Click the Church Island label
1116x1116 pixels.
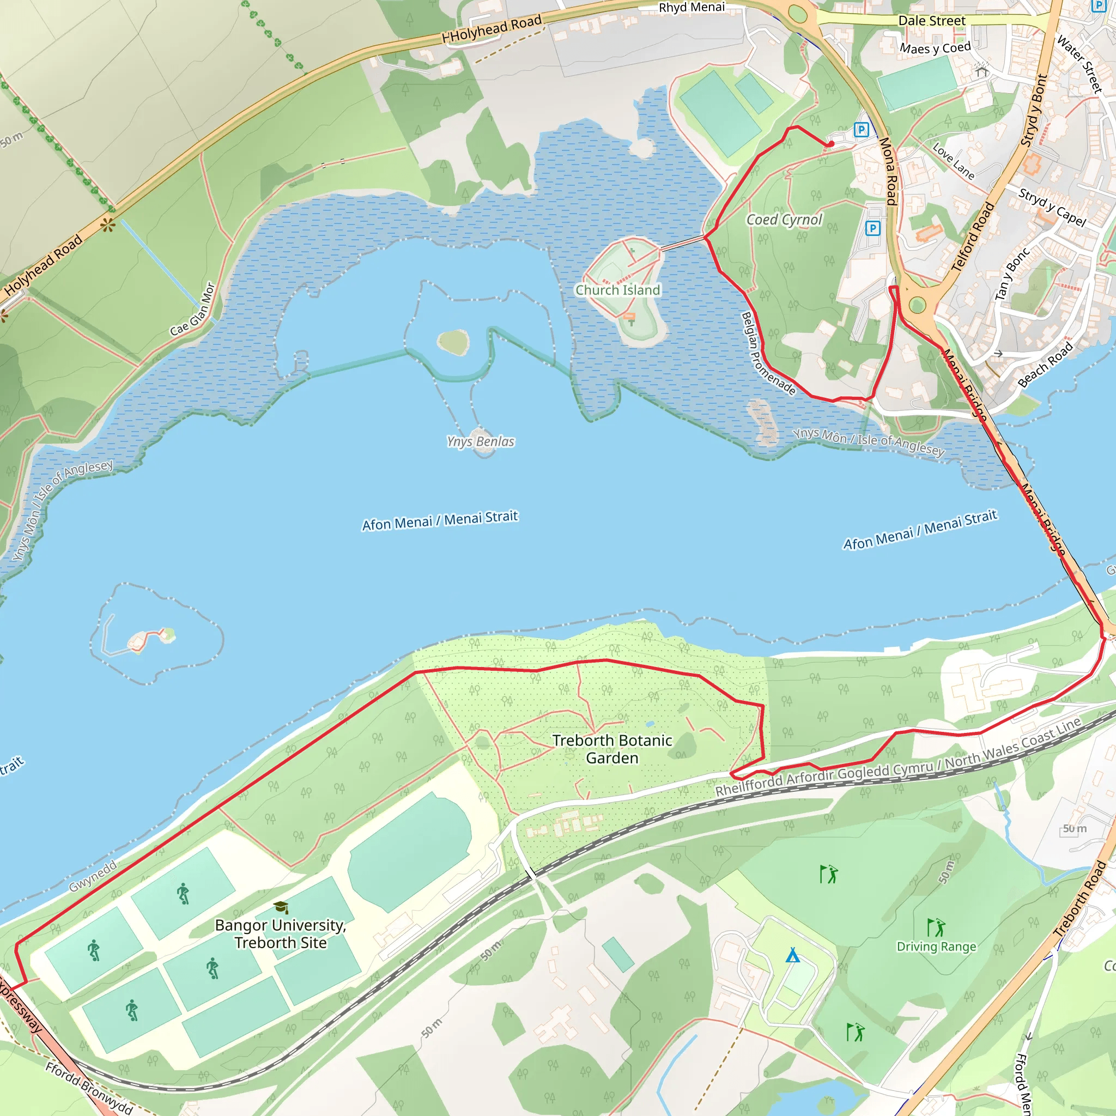click(x=617, y=290)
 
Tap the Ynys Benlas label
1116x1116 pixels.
click(x=481, y=441)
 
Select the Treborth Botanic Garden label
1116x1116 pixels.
click(x=612, y=749)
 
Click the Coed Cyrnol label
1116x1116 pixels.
click(x=784, y=220)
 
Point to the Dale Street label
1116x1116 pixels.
click(x=932, y=21)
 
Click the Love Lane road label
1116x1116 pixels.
click(x=954, y=161)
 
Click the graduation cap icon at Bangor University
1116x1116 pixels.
click(x=281, y=907)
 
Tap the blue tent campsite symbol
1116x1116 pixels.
click(x=792, y=955)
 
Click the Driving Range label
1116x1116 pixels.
click(x=936, y=946)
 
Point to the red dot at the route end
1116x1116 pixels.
click(x=830, y=144)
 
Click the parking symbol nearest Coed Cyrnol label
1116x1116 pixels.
click(x=873, y=228)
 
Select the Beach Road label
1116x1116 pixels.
click(x=1046, y=364)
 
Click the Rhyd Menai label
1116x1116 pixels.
click(x=692, y=8)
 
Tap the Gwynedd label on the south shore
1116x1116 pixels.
click(x=93, y=876)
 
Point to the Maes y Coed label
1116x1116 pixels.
click(x=935, y=48)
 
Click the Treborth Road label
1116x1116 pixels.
click(x=1079, y=899)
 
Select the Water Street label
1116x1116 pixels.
click(x=1079, y=64)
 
